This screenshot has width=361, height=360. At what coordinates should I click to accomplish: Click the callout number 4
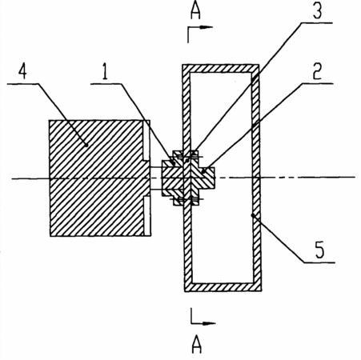click(x=23, y=71)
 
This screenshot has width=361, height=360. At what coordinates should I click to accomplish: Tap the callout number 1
click(x=105, y=71)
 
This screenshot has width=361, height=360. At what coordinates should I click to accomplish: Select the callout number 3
click(x=317, y=11)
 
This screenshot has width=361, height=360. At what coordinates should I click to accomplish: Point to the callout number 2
click(x=317, y=71)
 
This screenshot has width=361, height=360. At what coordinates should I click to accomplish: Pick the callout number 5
click(x=320, y=250)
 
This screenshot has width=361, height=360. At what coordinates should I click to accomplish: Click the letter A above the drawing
click(x=195, y=11)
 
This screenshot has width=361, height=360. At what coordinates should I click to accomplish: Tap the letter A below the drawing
click(x=197, y=345)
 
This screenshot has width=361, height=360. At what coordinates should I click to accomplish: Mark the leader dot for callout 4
click(x=86, y=145)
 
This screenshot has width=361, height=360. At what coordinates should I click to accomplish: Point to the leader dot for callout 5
click(x=252, y=215)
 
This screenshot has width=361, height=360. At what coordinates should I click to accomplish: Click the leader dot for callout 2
click(x=203, y=171)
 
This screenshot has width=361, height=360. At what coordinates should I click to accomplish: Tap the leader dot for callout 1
click(x=173, y=162)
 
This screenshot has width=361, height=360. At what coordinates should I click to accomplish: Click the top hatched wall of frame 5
click(x=221, y=69)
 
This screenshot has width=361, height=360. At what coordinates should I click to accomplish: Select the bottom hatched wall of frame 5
click(x=223, y=287)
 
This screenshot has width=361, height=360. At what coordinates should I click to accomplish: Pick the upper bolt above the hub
click(x=187, y=157)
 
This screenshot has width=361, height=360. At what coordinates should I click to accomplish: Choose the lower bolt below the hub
click(x=187, y=199)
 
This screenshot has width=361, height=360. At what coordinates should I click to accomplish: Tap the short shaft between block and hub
click(x=156, y=178)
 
